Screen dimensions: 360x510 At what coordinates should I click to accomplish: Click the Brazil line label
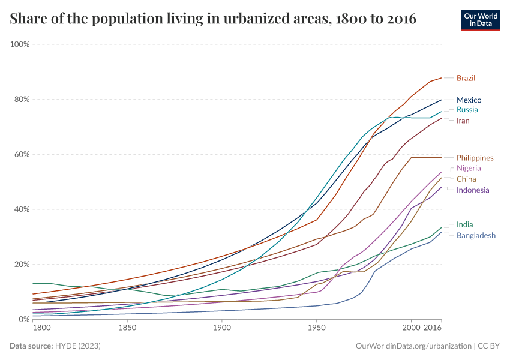pyautogui.click(x=466, y=78)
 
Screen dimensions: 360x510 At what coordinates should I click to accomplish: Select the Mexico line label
pyautogui.click(x=469, y=100)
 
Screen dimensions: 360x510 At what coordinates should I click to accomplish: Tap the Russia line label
pyautogui.click(x=467, y=110)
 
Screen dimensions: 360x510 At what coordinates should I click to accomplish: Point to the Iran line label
pyautogui.click(x=463, y=121)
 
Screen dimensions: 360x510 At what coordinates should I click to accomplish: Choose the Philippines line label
pyautogui.click(x=475, y=158)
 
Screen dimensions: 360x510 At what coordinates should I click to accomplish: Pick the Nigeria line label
pyautogui.click(x=469, y=168)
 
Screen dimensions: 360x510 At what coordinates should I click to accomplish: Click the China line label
pyautogui.click(x=466, y=179)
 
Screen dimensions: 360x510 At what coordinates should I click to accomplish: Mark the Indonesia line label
pyautogui.click(x=473, y=190)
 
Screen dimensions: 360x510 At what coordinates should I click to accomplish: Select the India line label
pyautogui.click(x=464, y=224)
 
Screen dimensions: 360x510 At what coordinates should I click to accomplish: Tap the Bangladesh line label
pyautogui.click(x=476, y=235)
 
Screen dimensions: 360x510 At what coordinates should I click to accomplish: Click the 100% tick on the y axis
pyautogui.click(x=20, y=44)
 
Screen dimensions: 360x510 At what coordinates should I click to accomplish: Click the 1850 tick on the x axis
pyautogui.click(x=127, y=328)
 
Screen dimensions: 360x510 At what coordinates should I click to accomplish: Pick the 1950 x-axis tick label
pyautogui.click(x=316, y=328)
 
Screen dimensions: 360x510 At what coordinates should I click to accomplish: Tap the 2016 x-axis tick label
pyautogui.click(x=433, y=328)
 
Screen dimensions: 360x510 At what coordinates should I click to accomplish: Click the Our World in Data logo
pyautogui.click(x=480, y=20)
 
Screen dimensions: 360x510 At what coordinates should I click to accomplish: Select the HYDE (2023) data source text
pyautogui.click(x=77, y=346)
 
